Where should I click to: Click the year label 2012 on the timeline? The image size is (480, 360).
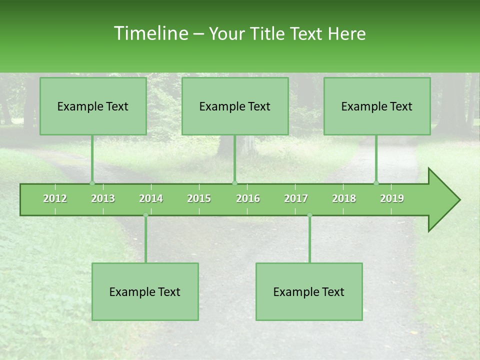pyautogui.click(x=55, y=198)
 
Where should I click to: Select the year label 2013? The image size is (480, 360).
pyautogui.click(x=103, y=198)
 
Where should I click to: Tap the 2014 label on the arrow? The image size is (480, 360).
pyautogui.click(x=151, y=198)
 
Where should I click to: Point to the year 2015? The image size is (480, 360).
pyautogui.click(x=199, y=198)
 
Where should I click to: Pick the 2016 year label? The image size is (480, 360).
pyautogui.click(x=248, y=198)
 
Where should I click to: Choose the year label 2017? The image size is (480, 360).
pyautogui.click(x=296, y=198)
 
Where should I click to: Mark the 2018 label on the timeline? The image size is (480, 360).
pyautogui.click(x=344, y=198)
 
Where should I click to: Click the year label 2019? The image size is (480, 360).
pyautogui.click(x=392, y=198)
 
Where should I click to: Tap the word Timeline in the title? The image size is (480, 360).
pyautogui.click(x=150, y=33)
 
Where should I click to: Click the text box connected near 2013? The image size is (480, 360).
pyautogui.click(x=93, y=106)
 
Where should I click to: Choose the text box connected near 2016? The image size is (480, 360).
pyautogui.click(x=235, y=106)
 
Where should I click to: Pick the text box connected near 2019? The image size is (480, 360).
pyautogui.click(x=377, y=106)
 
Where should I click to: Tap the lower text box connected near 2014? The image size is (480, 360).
pyautogui.click(x=145, y=291)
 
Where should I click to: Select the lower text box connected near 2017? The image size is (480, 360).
pyautogui.click(x=309, y=291)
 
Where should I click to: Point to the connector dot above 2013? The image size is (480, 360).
pyautogui.click(x=92, y=183)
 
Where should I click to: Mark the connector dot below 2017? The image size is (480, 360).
pyautogui.click(x=309, y=215)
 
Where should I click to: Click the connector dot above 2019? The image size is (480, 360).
pyautogui.click(x=376, y=183)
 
